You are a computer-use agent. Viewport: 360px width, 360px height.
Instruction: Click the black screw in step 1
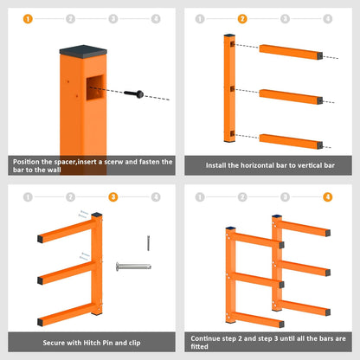point(134,93)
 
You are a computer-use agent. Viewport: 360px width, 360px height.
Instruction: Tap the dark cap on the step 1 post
point(83,51)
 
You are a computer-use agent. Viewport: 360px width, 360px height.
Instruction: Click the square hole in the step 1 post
point(95,87)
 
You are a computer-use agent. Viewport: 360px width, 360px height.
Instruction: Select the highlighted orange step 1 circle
point(28,19)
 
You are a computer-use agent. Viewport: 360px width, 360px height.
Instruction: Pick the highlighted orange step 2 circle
point(242,19)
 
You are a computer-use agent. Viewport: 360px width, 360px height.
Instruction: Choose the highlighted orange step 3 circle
point(113,197)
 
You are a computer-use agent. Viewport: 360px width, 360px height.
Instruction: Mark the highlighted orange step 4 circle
point(328,197)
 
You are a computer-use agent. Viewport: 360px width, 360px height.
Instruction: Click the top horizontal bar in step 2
point(291,52)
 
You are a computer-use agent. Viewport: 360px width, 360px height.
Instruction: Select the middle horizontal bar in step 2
point(291,97)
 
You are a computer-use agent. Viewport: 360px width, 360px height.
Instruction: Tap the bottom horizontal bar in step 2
point(291,142)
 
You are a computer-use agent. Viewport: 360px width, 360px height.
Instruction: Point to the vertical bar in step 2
point(229,88)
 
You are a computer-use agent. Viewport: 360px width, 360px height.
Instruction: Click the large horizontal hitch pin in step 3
point(133,267)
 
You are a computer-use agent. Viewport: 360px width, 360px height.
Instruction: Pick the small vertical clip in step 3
point(148,243)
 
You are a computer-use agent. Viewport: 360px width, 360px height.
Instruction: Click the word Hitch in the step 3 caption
point(92,343)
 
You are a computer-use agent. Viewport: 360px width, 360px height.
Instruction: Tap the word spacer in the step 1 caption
point(65,162)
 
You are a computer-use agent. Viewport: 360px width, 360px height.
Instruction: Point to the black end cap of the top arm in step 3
point(40,239)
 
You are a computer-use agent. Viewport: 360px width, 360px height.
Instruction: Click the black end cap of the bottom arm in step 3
point(40,322)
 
